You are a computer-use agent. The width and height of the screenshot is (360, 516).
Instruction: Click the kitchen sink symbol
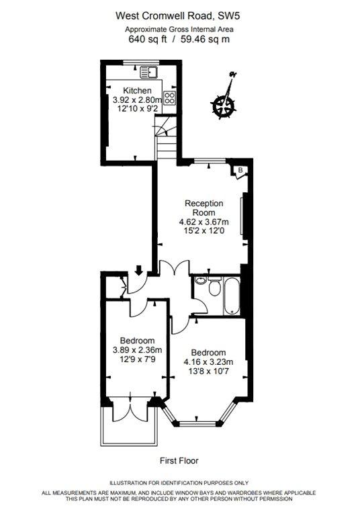[148, 73]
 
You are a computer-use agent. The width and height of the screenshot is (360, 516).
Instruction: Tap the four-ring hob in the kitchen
[170, 97]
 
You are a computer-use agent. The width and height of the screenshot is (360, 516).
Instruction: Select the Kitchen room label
[137, 91]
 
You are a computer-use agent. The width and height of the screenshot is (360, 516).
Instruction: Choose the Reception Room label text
[204, 208]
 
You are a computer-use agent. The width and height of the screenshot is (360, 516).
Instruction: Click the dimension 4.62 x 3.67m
[204, 222]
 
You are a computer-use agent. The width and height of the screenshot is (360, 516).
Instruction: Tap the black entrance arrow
[139, 270]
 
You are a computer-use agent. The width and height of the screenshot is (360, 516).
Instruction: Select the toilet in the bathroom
[215, 286]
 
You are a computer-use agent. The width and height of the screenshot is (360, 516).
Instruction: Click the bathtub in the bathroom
[232, 296]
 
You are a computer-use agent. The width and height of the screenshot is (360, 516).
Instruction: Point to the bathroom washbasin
[200, 280]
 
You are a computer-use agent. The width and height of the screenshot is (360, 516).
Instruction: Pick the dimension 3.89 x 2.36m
[137, 350]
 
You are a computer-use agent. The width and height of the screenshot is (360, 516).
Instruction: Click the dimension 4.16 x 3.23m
[208, 362]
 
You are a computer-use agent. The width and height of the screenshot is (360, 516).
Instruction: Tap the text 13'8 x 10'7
[208, 372]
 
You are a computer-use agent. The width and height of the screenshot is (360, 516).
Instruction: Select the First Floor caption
[179, 461]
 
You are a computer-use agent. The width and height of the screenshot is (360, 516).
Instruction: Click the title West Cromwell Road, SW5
[178, 16]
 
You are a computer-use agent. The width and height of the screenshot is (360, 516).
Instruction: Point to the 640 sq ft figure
[147, 40]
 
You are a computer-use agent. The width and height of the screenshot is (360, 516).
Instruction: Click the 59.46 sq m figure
[208, 40]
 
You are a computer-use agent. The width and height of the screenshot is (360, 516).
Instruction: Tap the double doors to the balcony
[131, 410]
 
